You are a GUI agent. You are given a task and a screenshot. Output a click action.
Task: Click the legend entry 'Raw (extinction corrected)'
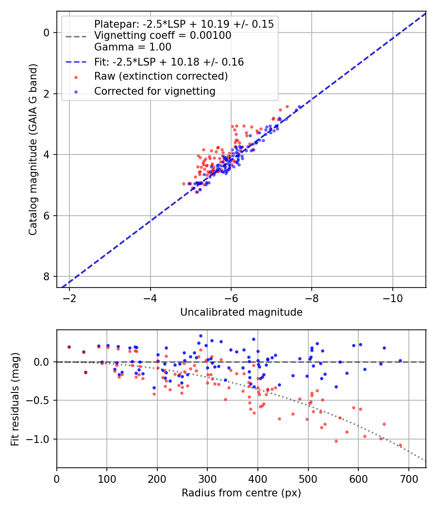pyautogui.click(x=161, y=76)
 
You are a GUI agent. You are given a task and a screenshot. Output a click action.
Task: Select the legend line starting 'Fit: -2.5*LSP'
pyautogui.click(x=168, y=62)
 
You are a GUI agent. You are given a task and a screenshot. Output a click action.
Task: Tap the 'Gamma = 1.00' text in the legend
pyautogui.click(x=133, y=47)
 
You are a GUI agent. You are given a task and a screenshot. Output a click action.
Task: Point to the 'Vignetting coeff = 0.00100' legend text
pyautogui.click(x=163, y=35)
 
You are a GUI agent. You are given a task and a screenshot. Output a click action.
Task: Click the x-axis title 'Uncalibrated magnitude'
pyautogui.click(x=241, y=312)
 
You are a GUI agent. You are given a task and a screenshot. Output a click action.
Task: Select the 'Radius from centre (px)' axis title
pyautogui.click(x=241, y=493)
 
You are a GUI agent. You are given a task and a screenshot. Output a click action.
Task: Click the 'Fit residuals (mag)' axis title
pyautogui.click(x=15, y=399)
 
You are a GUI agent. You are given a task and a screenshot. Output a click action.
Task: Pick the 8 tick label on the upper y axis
pyautogui.click(x=47, y=276)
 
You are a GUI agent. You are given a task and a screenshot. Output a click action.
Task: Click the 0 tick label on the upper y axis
pyautogui.click(x=47, y=33)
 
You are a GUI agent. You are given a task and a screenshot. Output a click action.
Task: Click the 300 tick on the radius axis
pyautogui.click(x=207, y=478)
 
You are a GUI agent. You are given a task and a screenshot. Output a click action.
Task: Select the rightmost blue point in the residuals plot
pyautogui.click(x=401, y=360)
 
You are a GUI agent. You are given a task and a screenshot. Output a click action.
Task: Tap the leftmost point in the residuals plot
pyautogui.click(x=69, y=347)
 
